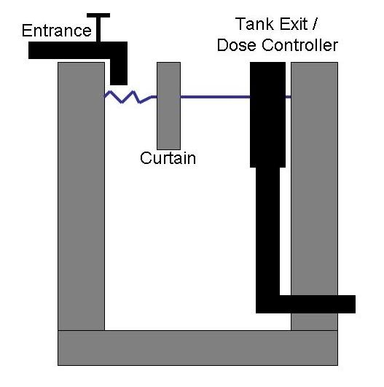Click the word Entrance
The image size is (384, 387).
pos(57,31)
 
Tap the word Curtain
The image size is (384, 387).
pos(168,158)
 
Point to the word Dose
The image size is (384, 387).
pos(236,45)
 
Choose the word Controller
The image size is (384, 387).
pos(299,45)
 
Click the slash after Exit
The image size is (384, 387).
pos(314,24)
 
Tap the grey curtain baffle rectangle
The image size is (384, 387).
pos(168,106)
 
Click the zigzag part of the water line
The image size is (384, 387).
pos(128,97)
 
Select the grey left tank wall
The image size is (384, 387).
pos(81,196)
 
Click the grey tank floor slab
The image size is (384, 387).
pos(197,348)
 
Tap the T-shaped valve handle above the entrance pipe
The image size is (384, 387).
pos(98,27)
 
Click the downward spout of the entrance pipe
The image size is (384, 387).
pos(119,72)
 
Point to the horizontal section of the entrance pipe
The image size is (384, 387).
pos(78,50)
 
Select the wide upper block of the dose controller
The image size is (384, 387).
pos(267,114)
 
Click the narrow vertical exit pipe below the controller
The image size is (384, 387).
pos(267,231)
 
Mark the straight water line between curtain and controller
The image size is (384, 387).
pos(215,97)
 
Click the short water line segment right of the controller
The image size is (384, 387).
pos(289,97)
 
